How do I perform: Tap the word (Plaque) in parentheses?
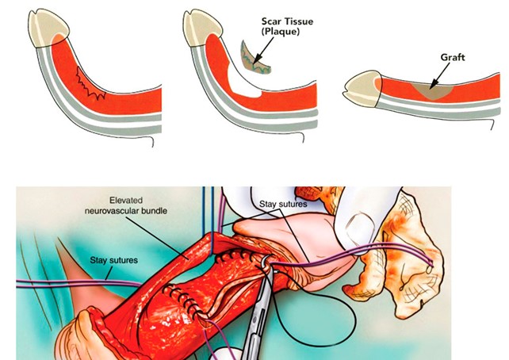point(281,32)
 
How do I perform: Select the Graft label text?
point(453,57)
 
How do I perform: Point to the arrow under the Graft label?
point(439,75)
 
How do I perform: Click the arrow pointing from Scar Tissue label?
point(263,50)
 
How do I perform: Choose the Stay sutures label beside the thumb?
point(283,204)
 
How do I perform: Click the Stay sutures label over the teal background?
point(113,260)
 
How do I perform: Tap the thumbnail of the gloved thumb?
point(359,228)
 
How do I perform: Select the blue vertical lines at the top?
point(208,220)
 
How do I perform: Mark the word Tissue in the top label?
point(299,21)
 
